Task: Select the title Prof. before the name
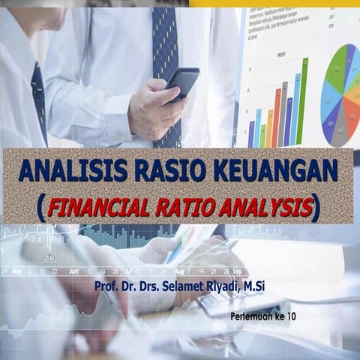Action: click(x=106, y=286)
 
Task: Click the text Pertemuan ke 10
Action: click(x=265, y=317)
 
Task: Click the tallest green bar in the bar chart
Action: click(x=302, y=101)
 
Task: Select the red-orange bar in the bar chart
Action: click(x=277, y=118)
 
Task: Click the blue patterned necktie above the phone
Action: click(x=164, y=45)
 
